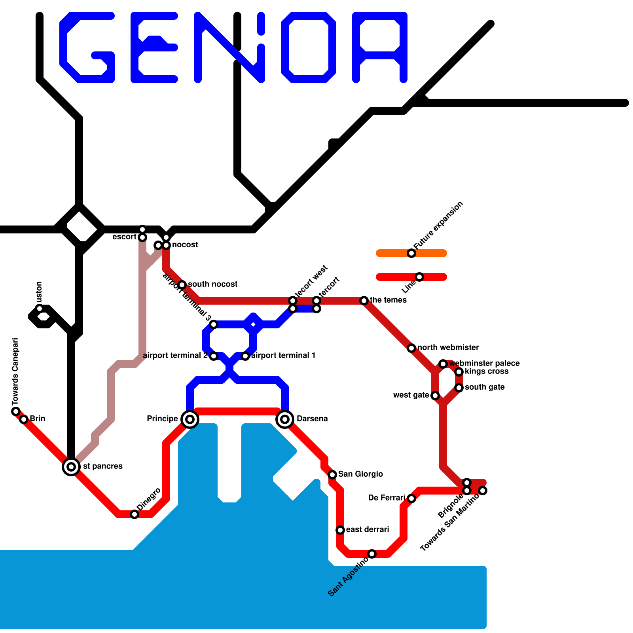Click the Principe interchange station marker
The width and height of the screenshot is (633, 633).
pyautogui.click(x=190, y=419)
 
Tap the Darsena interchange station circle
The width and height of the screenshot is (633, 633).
pyautogui.click(x=285, y=419)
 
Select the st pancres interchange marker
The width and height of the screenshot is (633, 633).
pyautogui.click(x=71, y=467)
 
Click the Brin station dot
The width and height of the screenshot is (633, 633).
pyautogui.click(x=24, y=419)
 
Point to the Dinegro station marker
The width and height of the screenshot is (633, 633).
pyautogui.click(x=135, y=514)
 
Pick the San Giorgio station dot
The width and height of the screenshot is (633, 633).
pyautogui.click(x=332, y=475)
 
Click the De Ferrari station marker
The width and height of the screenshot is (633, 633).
pyautogui.click(x=411, y=498)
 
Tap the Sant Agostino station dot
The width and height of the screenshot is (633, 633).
pyautogui.click(x=372, y=554)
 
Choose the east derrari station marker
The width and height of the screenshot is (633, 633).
pyautogui.click(x=340, y=530)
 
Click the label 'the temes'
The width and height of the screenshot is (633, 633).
pyautogui.click(x=388, y=300)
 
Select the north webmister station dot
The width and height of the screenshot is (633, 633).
pyautogui.click(x=411, y=348)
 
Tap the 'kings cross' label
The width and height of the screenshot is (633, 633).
pyautogui.click(x=487, y=371)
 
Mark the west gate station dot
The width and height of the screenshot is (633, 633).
pyautogui.click(x=435, y=396)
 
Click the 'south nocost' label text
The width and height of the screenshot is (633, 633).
pyautogui.click(x=212, y=284)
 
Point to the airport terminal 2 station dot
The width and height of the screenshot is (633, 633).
pyautogui.click(x=214, y=356)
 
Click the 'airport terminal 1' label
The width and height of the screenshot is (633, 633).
pyautogui.click(x=283, y=356)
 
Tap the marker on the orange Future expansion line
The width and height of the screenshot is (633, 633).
pyautogui.click(x=411, y=253)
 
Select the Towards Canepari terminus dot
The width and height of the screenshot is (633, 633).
pyautogui.click(x=16, y=411)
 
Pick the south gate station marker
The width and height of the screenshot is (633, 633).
pyautogui.click(x=459, y=388)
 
